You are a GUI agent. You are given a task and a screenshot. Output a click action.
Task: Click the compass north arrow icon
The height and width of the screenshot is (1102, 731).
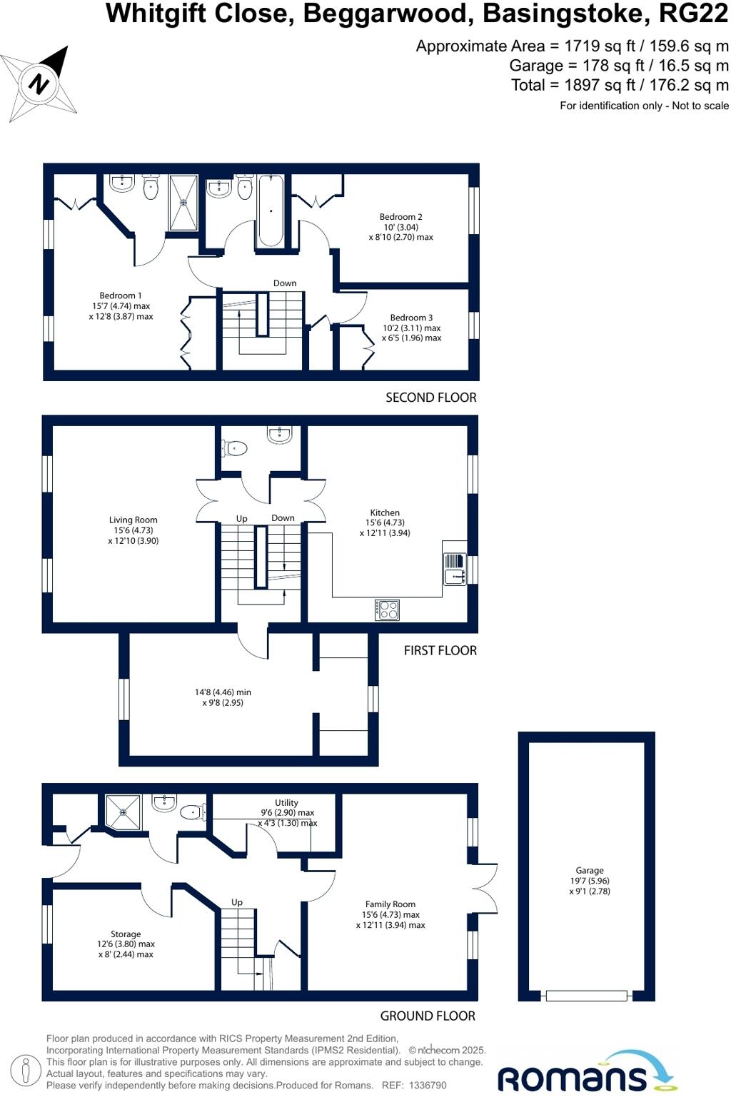(40, 84)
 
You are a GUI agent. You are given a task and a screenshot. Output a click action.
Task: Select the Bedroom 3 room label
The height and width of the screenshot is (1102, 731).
(411, 318)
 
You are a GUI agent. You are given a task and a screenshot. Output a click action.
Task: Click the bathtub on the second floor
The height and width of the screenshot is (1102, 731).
(271, 211)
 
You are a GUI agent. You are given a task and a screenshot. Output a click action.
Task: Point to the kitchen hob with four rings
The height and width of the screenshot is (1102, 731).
(387, 610)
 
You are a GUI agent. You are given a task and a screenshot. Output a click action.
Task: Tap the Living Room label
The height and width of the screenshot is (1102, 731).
(133, 520)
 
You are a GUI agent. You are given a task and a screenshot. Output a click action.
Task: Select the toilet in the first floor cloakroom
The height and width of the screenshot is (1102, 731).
(235, 448)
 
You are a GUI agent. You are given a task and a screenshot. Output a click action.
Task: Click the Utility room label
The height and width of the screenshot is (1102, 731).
(286, 803)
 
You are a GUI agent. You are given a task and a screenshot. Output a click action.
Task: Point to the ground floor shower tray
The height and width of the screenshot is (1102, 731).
(123, 812)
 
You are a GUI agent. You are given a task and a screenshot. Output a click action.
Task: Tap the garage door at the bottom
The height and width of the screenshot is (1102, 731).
(586, 996)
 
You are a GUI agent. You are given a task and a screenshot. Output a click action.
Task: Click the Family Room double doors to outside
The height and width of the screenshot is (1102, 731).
(485, 889)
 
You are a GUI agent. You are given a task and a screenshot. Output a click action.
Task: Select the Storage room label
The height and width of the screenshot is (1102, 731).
(126, 934)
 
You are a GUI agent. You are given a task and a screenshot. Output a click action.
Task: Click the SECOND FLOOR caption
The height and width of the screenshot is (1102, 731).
(430, 398)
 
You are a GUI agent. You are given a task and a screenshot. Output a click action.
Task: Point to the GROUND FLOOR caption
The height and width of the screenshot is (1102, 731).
(427, 1016)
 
